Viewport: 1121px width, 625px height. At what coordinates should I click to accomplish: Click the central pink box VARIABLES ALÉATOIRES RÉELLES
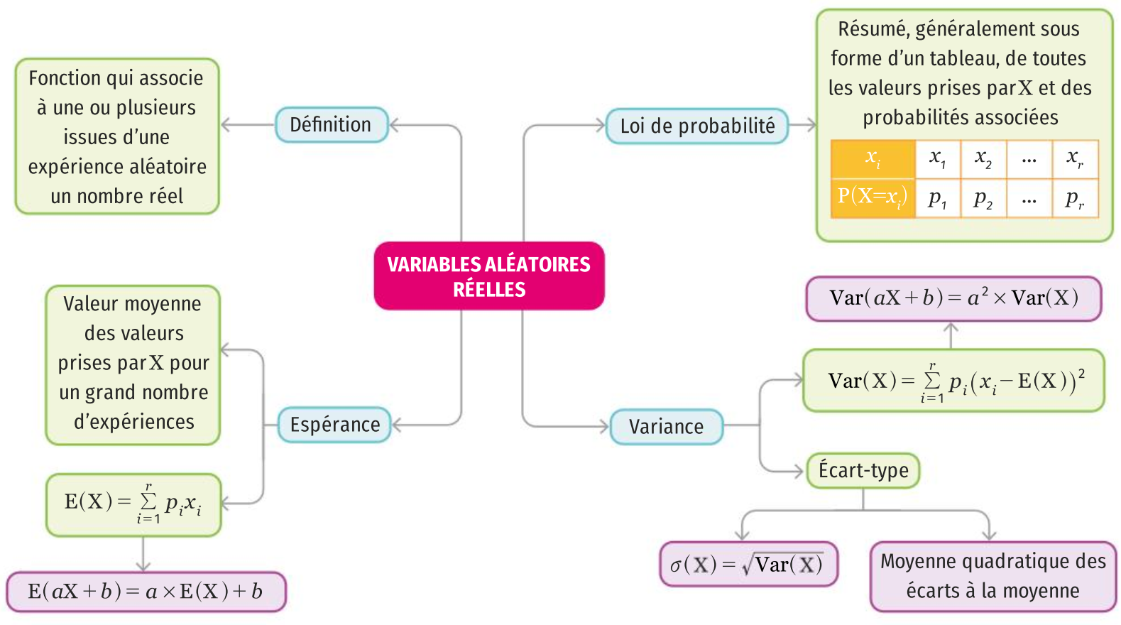[x=489, y=276]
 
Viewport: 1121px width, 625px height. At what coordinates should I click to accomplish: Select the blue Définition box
[x=331, y=125]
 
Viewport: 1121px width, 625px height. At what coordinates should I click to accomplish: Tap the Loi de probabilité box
[x=697, y=126]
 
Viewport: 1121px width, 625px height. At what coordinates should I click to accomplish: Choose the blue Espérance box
[x=334, y=425]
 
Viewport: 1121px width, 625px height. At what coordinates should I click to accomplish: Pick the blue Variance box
[x=666, y=427]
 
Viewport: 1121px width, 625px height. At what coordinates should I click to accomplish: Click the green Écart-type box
[x=863, y=470]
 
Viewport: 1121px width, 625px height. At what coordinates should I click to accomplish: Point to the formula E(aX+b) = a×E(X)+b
[x=146, y=592]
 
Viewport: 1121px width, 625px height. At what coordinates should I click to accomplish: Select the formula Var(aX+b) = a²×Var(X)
[x=953, y=298]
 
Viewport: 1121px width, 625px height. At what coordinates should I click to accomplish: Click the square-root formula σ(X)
[x=748, y=565]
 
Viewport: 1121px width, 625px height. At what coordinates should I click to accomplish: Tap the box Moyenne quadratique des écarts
[x=993, y=576]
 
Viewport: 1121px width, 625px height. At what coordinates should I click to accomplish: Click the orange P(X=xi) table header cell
[x=873, y=197]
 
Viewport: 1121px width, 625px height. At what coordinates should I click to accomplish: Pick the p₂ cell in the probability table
[x=983, y=199]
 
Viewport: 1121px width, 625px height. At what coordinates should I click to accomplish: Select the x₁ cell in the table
[x=937, y=158]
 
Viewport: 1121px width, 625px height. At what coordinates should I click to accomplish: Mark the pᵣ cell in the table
[x=1075, y=199]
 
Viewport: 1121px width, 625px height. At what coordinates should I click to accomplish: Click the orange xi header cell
[x=873, y=158]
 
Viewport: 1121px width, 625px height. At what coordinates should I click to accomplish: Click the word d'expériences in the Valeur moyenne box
[x=134, y=422]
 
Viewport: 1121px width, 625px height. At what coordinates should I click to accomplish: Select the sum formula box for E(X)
[x=133, y=504]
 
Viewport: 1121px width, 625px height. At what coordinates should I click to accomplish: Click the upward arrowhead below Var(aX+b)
[x=951, y=327]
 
